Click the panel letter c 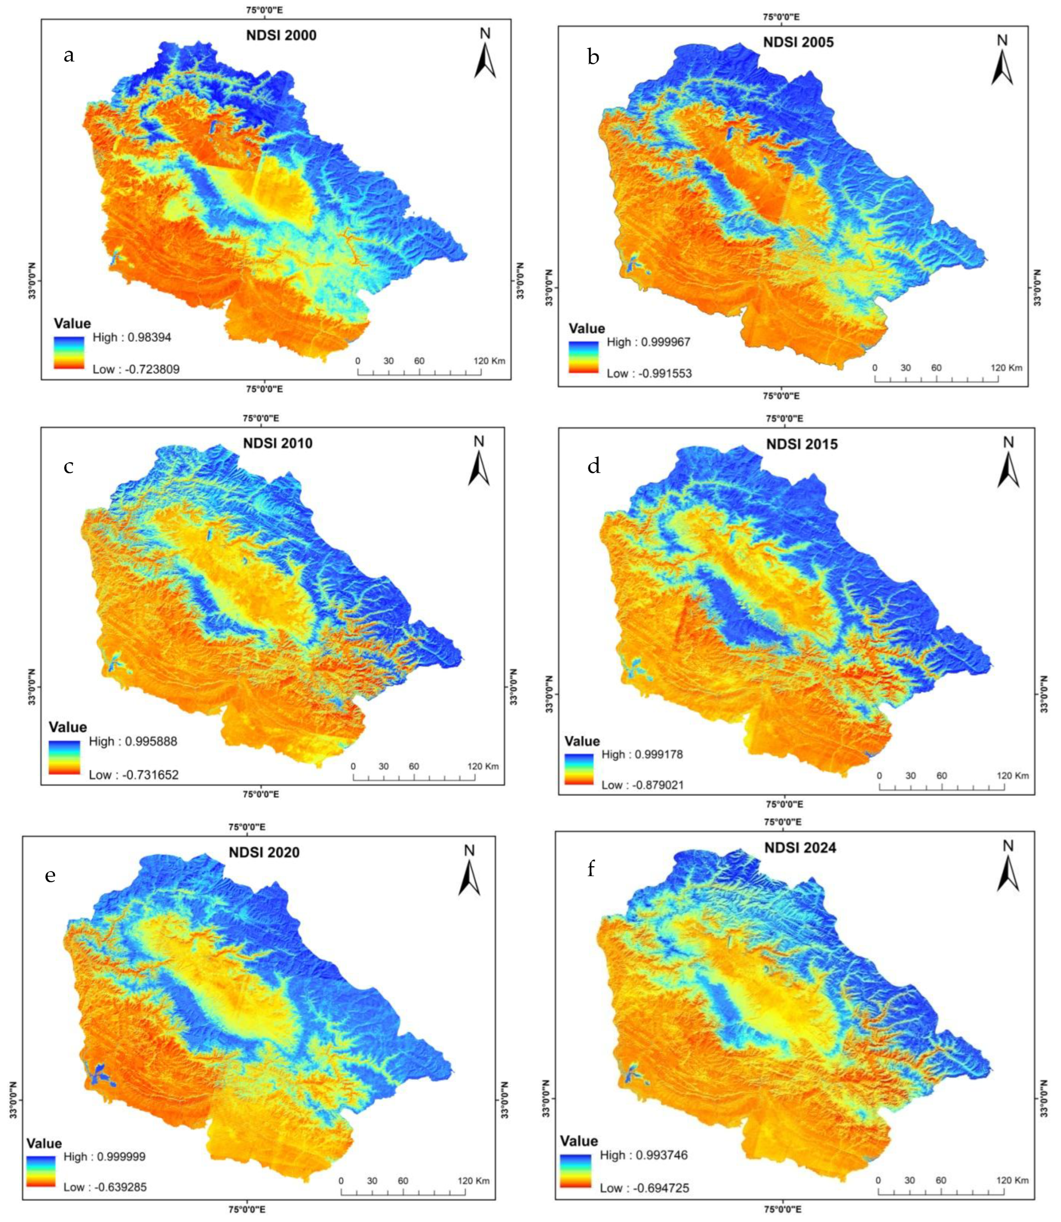coord(69,466)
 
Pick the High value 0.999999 coord(104,1156)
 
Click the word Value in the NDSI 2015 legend coord(582,741)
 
